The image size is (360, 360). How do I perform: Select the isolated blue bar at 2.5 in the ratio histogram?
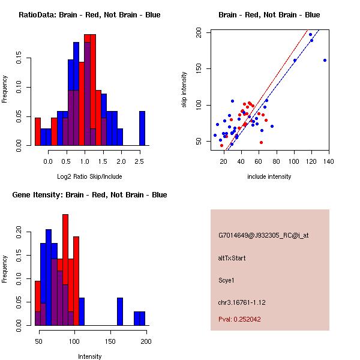click(x=142, y=128)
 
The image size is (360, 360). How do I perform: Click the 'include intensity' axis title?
click(x=269, y=176)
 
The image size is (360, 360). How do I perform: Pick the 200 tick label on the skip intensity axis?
click(x=199, y=33)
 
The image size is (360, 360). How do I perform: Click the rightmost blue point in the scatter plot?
click(x=325, y=60)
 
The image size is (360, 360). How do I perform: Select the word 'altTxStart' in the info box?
click(x=232, y=258)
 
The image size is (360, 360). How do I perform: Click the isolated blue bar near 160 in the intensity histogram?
click(x=119, y=311)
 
